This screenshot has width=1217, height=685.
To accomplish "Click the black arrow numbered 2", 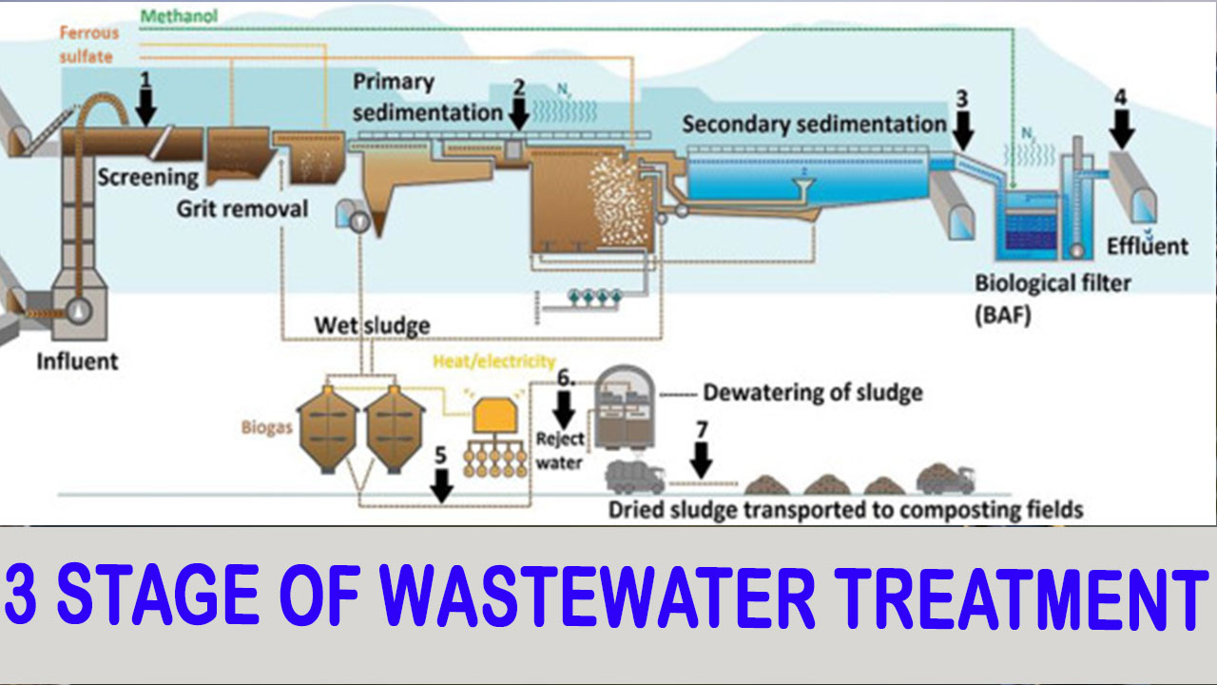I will [x=519, y=112].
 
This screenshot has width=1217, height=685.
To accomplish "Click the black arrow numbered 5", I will [x=440, y=482].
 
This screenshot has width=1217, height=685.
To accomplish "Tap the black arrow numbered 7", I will [x=702, y=459].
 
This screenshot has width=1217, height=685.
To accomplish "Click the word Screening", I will [x=147, y=177].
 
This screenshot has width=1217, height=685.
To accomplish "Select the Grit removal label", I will [x=242, y=207].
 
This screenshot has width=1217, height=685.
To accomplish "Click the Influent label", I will [x=77, y=362].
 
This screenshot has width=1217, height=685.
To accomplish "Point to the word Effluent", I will [x=1147, y=246].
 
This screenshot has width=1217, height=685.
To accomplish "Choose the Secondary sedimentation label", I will [x=814, y=125].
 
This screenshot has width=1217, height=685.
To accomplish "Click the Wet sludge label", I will [x=372, y=326].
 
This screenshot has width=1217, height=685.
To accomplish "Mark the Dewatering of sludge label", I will [x=812, y=392].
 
